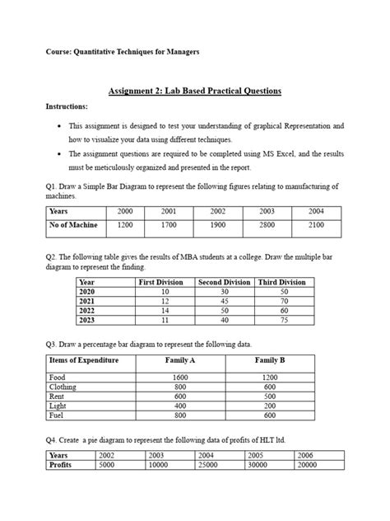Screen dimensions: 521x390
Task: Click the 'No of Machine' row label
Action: pyautogui.click(x=74, y=225)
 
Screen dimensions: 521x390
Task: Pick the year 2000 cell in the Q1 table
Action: pyautogui.click(x=125, y=212)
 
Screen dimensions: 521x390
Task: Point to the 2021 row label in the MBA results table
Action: pyautogui.click(x=87, y=302)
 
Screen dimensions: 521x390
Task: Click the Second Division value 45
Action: pyautogui.click(x=225, y=302)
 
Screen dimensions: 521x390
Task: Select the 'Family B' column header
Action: pyautogui.click(x=270, y=361)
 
